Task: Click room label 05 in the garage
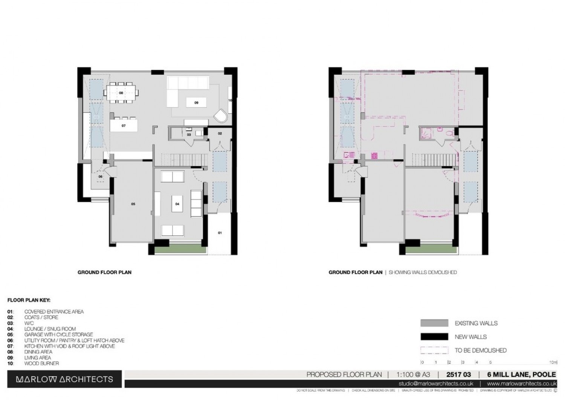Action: [133, 204]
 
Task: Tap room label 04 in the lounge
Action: [177, 204]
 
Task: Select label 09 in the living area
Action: [196, 102]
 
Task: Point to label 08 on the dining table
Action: [121, 92]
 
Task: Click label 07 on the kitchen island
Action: [124, 126]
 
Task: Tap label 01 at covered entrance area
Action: [220, 233]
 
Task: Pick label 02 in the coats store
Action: [220, 133]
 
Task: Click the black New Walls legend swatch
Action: [434, 337]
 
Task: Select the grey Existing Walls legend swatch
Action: [434, 323]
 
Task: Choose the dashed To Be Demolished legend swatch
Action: [434, 350]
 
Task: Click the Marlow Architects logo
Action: [64, 379]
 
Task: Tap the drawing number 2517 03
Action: [458, 374]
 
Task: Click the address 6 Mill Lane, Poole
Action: [521, 374]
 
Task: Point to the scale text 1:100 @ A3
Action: [413, 374]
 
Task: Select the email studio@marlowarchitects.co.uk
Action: [436, 384]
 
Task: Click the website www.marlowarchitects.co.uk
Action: [521, 384]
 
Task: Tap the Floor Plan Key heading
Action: [29, 300]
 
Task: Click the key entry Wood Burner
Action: [41, 364]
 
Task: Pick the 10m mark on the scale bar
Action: [553, 362]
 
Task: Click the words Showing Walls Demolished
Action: [423, 272]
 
